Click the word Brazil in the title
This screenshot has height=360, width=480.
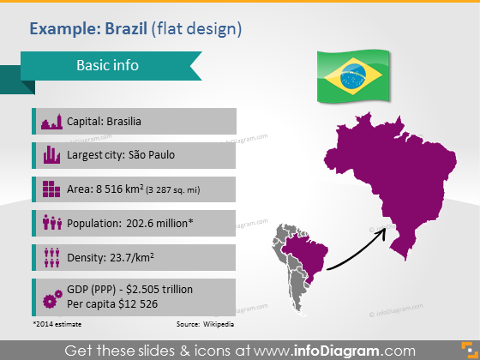[x=125, y=29]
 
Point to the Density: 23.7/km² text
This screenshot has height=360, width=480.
[x=111, y=257]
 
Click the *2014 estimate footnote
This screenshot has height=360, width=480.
[x=56, y=324]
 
